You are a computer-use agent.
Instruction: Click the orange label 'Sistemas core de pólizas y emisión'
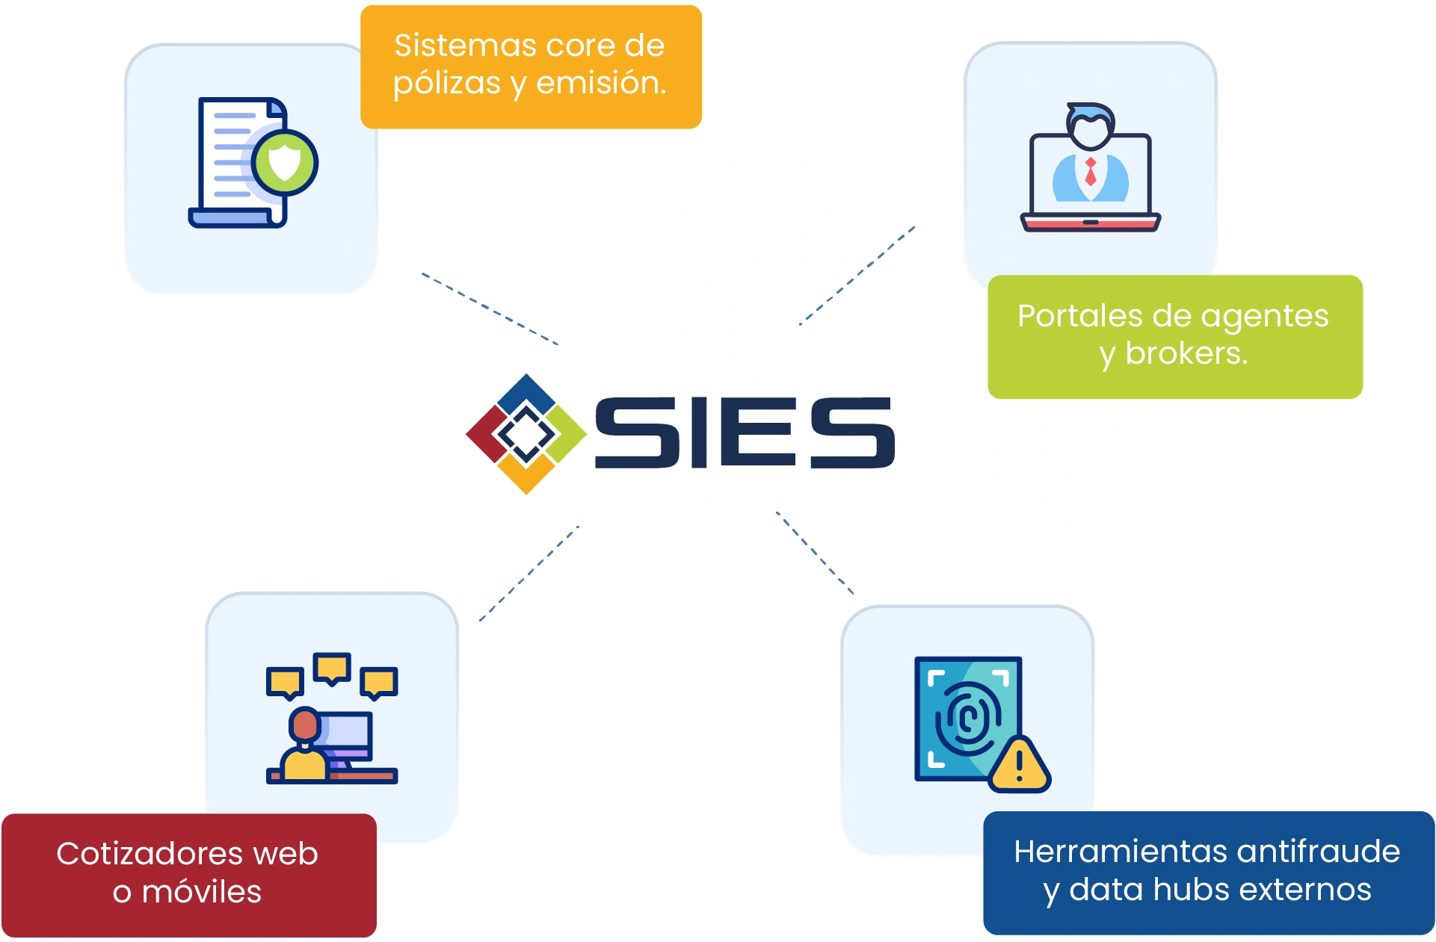click(x=531, y=66)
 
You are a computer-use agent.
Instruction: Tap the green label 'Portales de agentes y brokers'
click(x=1174, y=336)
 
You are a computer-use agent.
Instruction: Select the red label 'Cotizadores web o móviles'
click(x=188, y=874)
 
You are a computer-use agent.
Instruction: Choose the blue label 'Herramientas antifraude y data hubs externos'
click(x=1208, y=872)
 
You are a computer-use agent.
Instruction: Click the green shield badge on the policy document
click(x=285, y=162)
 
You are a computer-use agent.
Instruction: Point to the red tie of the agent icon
click(x=1091, y=173)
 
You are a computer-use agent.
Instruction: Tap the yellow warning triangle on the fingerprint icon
click(x=1020, y=765)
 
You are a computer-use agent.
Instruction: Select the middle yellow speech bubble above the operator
click(x=332, y=668)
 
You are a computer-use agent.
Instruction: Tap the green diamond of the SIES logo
click(x=568, y=433)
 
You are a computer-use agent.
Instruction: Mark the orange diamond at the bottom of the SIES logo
click(x=526, y=475)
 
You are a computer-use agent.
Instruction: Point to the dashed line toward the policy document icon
click(x=490, y=309)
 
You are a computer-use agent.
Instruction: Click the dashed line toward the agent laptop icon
click(x=857, y=276)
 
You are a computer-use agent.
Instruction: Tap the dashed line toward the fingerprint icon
click(x=815, y=553)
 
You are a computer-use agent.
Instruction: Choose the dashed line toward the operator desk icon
click(x=529, y=573)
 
